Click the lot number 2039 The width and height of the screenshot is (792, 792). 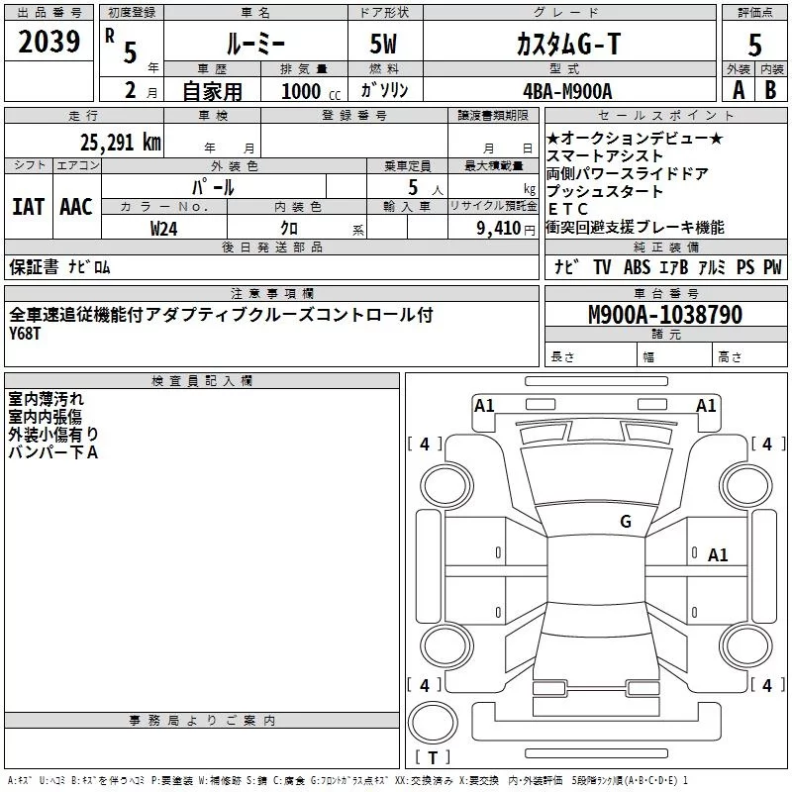(x=50, y=43)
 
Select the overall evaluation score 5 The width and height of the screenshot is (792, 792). (x=755, y=45)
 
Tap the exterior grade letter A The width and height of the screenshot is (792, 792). (x=738, y=90)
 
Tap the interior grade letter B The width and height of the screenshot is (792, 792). (x=771, y=90)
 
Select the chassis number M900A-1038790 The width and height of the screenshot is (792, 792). (x=665, y=316)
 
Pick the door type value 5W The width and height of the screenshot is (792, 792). (x=386, y=45)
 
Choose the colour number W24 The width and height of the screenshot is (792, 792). (x=164, y=228)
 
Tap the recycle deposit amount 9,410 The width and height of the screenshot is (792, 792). (x=499, y=229)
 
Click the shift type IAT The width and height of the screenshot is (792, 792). (x=29, y=207)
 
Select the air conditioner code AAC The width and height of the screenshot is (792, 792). (x=75, y=207)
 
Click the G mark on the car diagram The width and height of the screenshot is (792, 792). (x=626, y=522)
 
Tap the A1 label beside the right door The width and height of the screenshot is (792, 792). (x=718, y=555)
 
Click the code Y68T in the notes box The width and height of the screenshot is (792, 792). (x=28, y=334)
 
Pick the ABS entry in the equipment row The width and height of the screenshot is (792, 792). (x=638, y=267)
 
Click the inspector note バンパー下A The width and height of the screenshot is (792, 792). (x=53, y=452)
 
